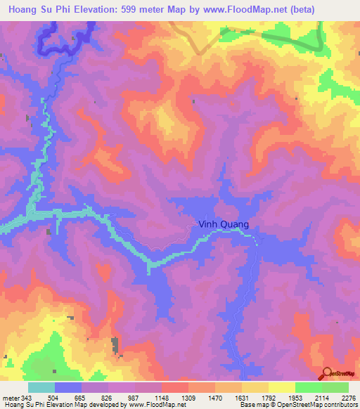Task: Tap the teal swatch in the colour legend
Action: pyautogui.click(x=41, y=387)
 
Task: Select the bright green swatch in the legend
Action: pyautogui.click(x=308, y=387)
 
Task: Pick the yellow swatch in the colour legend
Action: pyautogui.click(x=281, y=387)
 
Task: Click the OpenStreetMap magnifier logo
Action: pyautogui.click(x=327, y=373)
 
